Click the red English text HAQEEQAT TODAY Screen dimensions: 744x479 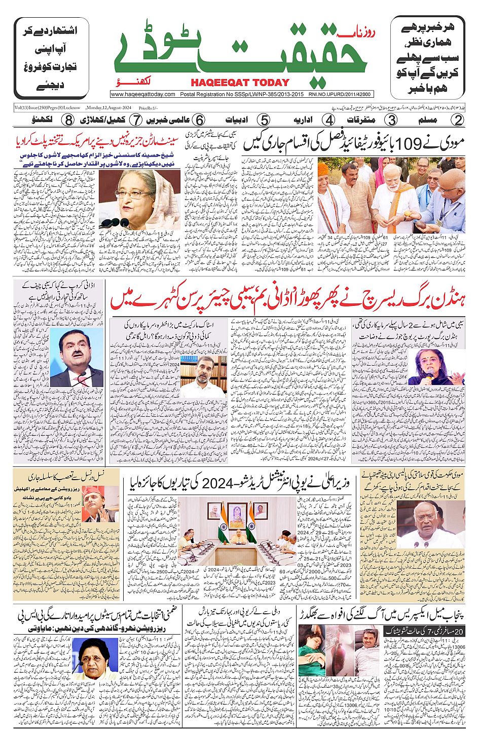point(240,83)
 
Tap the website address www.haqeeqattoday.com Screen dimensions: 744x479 point(143,94)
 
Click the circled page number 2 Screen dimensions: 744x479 point(458,120)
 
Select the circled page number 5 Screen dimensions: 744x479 point(264,120)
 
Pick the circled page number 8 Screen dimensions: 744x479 point(68,120)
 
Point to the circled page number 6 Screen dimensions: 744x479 point(200,120)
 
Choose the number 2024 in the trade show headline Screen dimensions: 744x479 point(216,484)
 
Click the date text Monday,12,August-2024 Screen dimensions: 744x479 point(108,107)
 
